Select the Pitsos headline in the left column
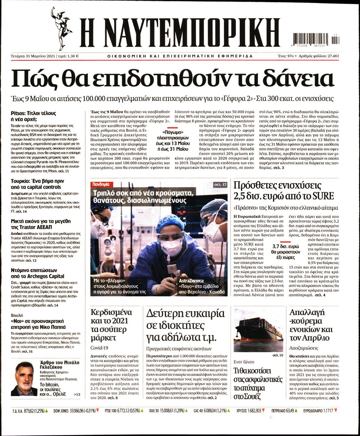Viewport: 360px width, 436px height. click(33, 116)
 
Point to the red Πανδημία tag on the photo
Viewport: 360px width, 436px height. click(101, 184)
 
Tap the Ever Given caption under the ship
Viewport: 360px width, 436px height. click(244, 362)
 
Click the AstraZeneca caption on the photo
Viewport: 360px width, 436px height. click(191, 281)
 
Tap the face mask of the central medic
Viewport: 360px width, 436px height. click(171, 247)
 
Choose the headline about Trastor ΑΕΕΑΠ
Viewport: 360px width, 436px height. click(41, 224)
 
